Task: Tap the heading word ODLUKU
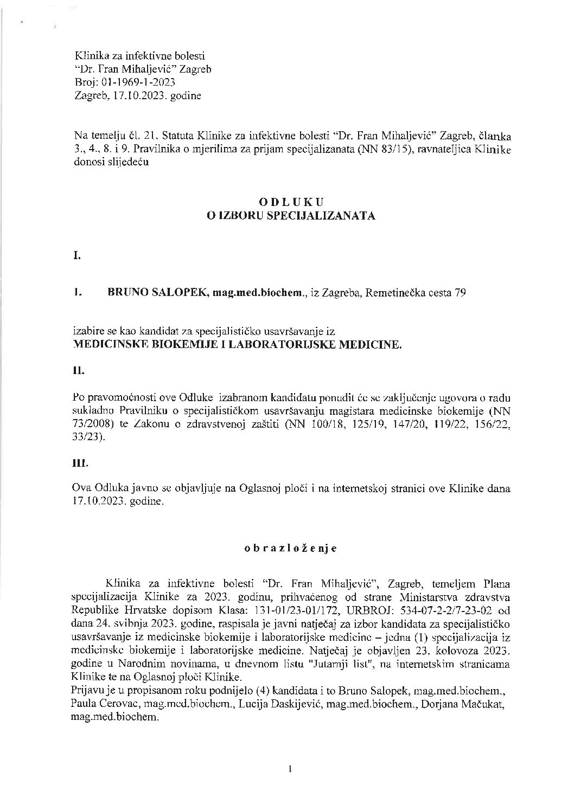pos(291,202)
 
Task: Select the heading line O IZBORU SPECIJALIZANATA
pos(291,215)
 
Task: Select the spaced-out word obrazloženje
pos(291,548)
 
